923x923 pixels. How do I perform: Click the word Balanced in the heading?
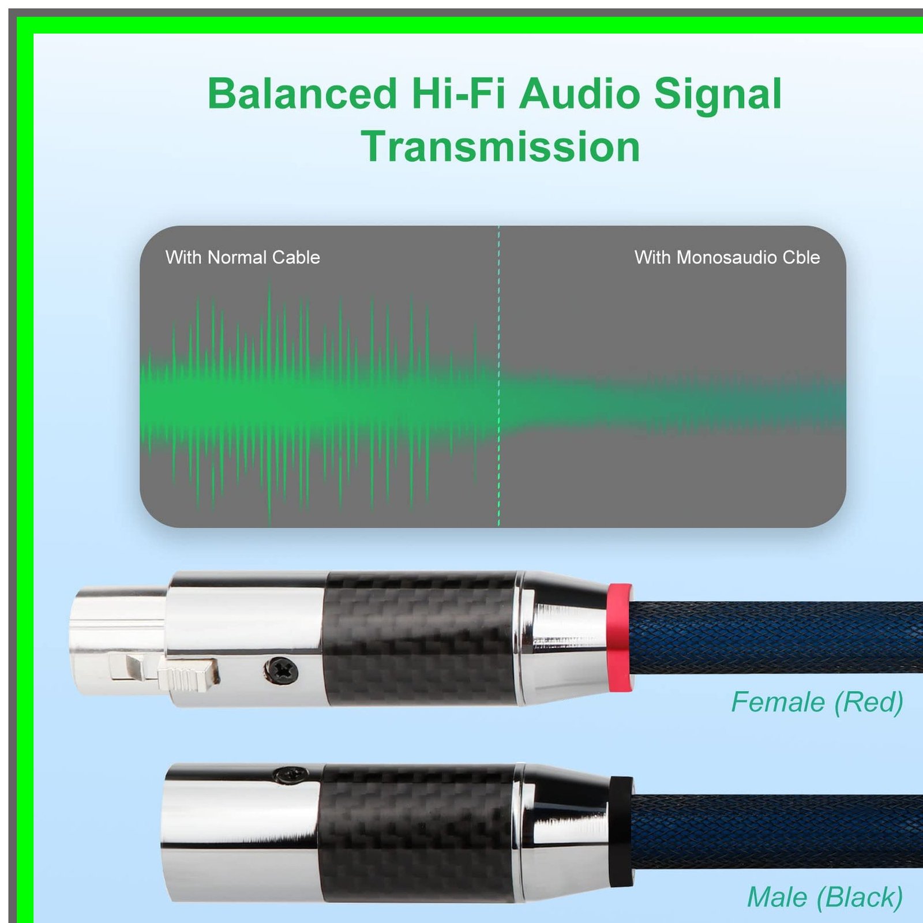point(302,93)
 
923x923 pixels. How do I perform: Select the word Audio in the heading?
point(580,93)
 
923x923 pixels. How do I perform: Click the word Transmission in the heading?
point(501,147)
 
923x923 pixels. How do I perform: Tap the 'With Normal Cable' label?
point(243,257)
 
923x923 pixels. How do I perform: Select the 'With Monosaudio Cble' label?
point(727,257)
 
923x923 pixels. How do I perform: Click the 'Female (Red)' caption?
point(817,703)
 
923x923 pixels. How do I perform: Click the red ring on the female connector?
point(620,637)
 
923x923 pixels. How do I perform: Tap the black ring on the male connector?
point(621,831)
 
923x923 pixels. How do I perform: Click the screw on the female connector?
point(282,670)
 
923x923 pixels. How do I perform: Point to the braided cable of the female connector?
point(776,638)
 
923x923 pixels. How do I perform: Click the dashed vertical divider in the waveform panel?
point(499,376)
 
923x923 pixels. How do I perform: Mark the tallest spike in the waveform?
point(269,402)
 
